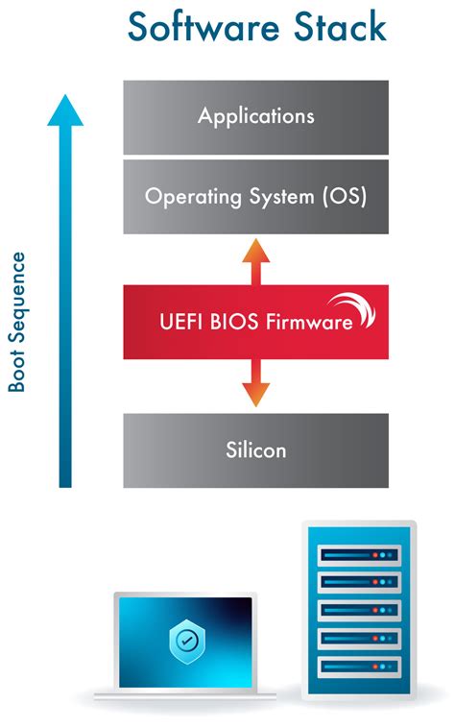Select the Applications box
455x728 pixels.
point(255,117)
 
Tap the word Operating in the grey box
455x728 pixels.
point(188,197)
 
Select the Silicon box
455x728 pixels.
point(255,449)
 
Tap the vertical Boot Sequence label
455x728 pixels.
point(17,323)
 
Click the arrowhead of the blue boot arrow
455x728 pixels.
point(65,110)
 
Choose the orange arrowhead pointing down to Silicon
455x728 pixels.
point(255,394)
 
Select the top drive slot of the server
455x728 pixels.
point(358,554)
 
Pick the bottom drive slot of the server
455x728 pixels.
point(358,666)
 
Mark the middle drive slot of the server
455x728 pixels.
point(358,610)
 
